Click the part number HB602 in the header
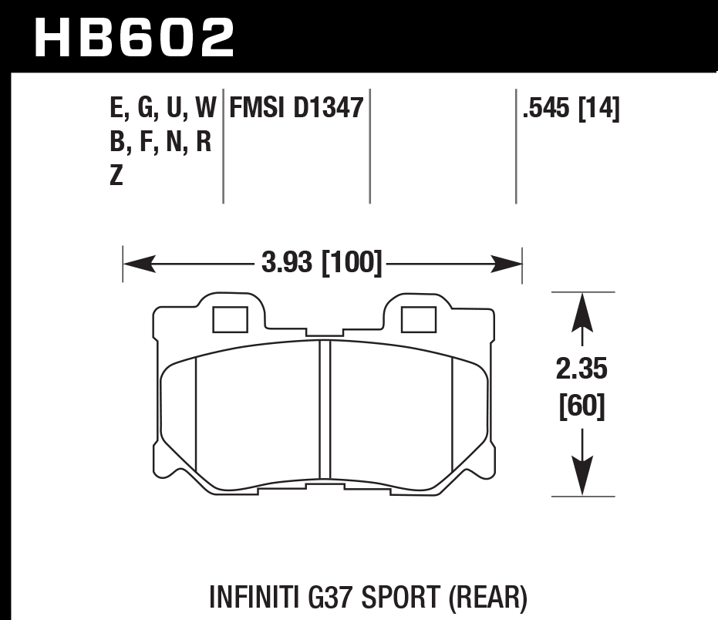(135, 37)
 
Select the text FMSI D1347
(293, 109)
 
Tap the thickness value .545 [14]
(571, 109)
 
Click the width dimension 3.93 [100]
(322, 265)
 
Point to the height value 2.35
(582, 370)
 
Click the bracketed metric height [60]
(582, 406)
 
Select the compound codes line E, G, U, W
(163, 109)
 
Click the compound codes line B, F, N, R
(161, 143)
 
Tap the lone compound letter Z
(116, 177)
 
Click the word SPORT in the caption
(410, 597)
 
